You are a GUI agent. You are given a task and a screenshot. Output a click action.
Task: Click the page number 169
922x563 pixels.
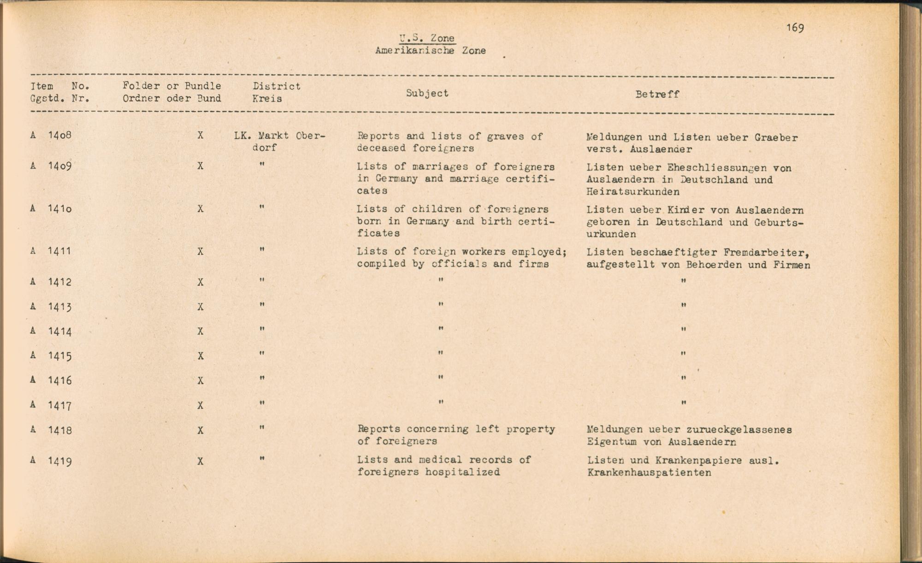coord(795,28)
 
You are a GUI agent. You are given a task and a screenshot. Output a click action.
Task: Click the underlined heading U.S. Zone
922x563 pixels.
coord(427,38)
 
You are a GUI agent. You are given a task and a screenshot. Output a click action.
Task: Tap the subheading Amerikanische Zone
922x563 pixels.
coord(430,51)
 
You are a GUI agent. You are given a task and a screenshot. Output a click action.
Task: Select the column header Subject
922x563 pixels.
coord(427,93)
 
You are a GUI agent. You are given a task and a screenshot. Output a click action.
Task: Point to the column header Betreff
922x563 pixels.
coord(657,95)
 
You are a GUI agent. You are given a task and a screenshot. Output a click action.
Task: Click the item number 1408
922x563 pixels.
coord(59,136)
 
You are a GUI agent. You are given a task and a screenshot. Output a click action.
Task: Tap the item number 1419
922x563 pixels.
coord(59,461)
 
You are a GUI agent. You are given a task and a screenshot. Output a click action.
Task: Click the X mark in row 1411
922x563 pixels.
coord(200,252)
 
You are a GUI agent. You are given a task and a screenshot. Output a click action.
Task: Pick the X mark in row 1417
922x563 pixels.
coord(200,406)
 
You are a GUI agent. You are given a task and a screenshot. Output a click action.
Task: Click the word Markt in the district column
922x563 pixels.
coord(273,136)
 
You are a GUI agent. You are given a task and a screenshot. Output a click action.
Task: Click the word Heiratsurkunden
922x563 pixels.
coord(633,192)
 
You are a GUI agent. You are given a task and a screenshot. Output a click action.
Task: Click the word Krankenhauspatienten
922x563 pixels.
coord(649,473)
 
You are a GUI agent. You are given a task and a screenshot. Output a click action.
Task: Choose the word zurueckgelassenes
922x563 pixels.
coord(739,430)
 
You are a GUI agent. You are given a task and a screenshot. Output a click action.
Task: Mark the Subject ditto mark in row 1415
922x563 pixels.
coord(441,354)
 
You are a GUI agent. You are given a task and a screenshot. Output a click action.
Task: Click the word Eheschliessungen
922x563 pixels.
coord(717,168)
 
